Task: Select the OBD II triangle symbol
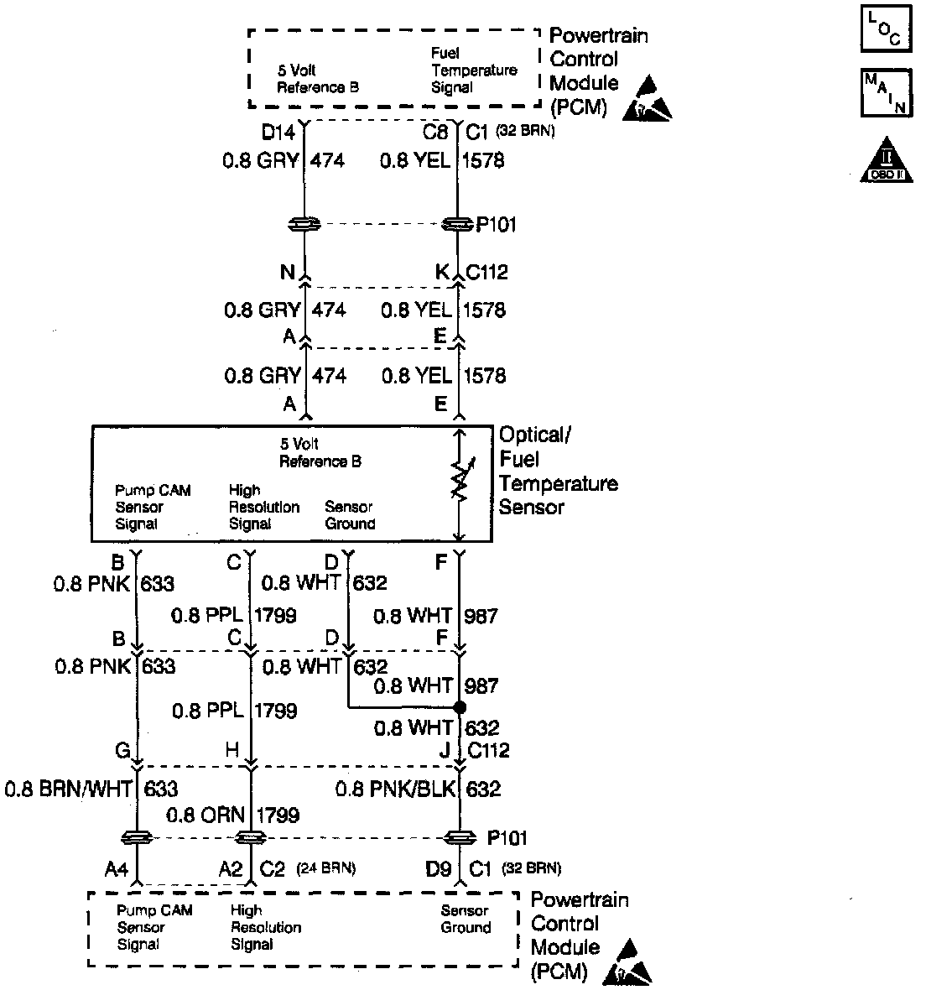[x=886, y=160]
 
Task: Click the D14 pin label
[x=278, y=132]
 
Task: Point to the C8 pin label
[x=436, y=132]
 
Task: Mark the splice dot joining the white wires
[x=459, y=707]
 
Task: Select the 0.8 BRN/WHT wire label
[x=70, y=789]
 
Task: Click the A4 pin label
[x=117, y=869]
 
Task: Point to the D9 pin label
[x=439, y=869]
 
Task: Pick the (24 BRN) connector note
[x=326, y=869]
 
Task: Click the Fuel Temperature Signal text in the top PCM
[x=473, y=70]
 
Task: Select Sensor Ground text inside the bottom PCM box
[x=466, y=920]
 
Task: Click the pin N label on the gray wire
[x=288, y=273]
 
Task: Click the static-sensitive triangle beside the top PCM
[x=647, y=98]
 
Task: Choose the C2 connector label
[x=273, y=869]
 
